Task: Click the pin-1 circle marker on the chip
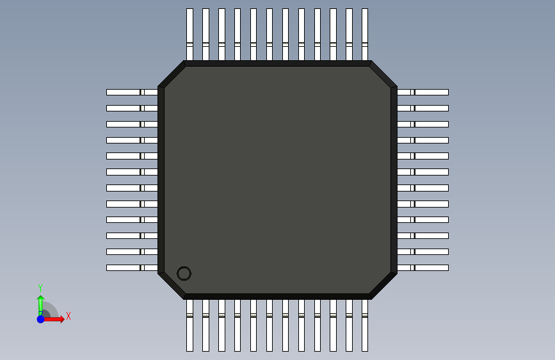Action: click(184, 274)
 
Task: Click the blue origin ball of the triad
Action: click(40, 319)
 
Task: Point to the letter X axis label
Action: click(68, 316)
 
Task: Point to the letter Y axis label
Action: click(40, 288)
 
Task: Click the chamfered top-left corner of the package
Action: click(171, 74)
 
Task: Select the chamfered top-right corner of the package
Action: click(384, 74)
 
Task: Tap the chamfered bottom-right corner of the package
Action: click(384, 285)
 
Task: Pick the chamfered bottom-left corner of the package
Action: click(171, 286)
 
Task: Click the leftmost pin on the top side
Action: click(189, 35)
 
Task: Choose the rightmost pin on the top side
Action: click(365, 35)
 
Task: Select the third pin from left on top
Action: click(221, 35)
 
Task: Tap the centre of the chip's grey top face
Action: click(277, 180)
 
